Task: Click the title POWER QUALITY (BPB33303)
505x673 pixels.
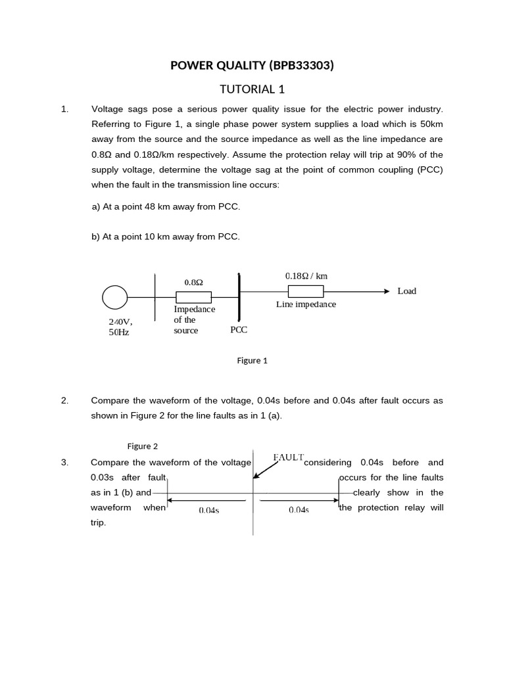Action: (x=252, y=65)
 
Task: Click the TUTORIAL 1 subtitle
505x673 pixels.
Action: (x=252, y=89)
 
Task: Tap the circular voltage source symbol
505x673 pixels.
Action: (x=115, y=298)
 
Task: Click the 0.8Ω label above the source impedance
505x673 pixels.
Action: (x=193, y=282)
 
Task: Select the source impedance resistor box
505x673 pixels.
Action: (x=193, y=297)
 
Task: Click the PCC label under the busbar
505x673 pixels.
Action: (x=239, y=330)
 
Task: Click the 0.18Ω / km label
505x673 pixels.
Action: (x=306, y=276)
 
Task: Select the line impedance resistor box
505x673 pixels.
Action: (x=306, y=291)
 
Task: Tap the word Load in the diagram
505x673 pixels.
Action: (x=406, y=291)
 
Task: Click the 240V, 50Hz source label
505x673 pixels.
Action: (x=120, y=327)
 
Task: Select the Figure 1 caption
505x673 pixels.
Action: (x=252, y=360)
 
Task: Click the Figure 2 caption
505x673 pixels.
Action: (x=143, y=446)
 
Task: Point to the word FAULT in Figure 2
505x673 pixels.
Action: (x=288, y=457)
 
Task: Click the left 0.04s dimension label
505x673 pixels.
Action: (x=208, y=511)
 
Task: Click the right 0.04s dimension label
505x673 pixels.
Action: (x=299, y=511)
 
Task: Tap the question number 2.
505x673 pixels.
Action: (x=64, y=400)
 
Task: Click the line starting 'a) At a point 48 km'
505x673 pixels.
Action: (x=166, y=207)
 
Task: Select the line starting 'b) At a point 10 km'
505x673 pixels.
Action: (x=166, y=236)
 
